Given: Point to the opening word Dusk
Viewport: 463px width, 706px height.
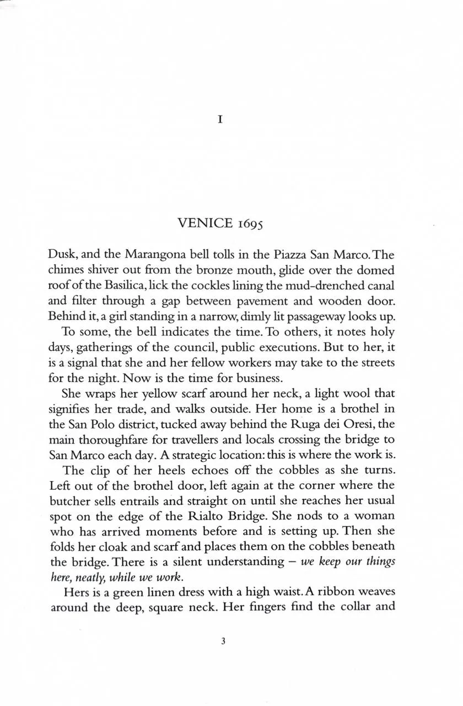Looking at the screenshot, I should coord(65,255).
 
